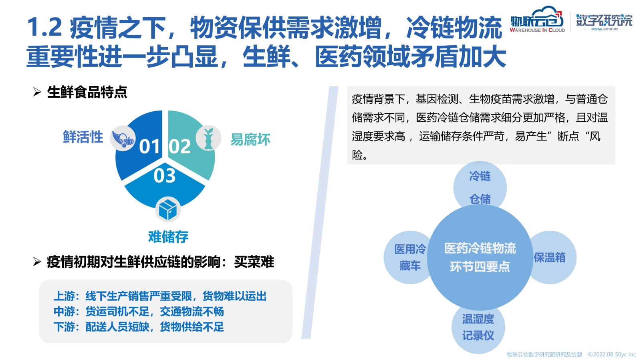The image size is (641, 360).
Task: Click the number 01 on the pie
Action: click(x=149, y=147)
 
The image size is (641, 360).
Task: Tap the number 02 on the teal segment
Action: click(x=179, y=147)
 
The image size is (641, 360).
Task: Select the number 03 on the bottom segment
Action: click(x=165, y=175)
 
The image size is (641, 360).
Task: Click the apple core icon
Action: click(x=209, y=139)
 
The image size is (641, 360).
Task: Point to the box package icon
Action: click(x=168, y=209)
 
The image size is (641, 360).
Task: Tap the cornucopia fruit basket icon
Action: click(x=123, y=139)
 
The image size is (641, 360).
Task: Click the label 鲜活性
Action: click(x=83, y=137)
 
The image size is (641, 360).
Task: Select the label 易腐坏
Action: click(x=250, y=139)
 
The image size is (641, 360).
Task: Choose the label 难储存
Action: click(x=168, y=237)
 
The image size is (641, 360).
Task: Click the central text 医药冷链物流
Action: click(x=480, y=248)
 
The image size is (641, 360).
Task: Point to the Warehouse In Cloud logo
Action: click(x=537, y=20)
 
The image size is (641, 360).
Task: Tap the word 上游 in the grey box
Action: click(x=65, y=296)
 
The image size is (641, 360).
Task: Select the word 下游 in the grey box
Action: click(x=65, y=327)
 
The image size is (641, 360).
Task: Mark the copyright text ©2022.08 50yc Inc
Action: click(x=612, y=354)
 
